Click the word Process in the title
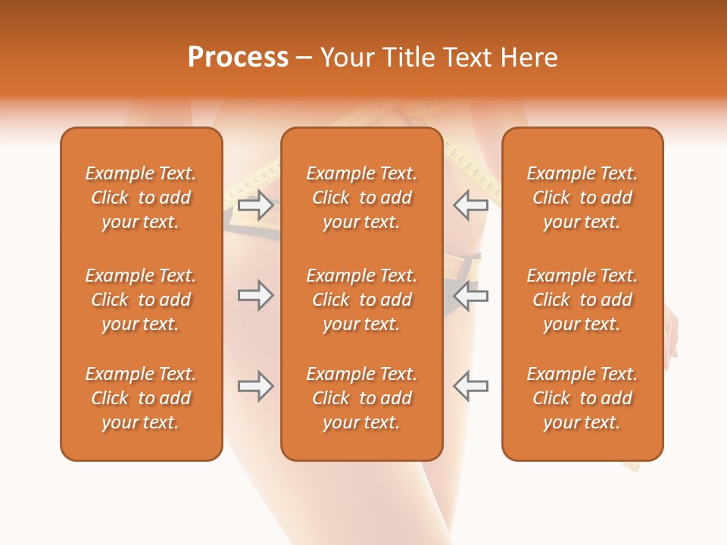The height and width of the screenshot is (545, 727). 238,58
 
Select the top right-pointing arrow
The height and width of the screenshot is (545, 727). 255,204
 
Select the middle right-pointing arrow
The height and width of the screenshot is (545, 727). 255,295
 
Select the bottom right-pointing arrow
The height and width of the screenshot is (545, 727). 255,386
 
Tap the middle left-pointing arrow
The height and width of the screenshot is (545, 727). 471,295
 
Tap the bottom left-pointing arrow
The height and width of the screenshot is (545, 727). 471,386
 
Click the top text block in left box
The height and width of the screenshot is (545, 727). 141,198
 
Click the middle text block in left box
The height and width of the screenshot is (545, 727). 141,300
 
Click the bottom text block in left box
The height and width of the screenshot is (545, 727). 141,398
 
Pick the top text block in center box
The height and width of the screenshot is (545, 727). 361,198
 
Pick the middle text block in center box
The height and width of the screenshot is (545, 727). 361,300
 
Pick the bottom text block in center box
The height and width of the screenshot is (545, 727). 361,398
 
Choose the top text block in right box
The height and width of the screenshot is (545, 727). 582,198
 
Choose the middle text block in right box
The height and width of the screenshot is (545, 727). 582,300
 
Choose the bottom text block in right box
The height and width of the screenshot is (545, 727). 582,398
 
